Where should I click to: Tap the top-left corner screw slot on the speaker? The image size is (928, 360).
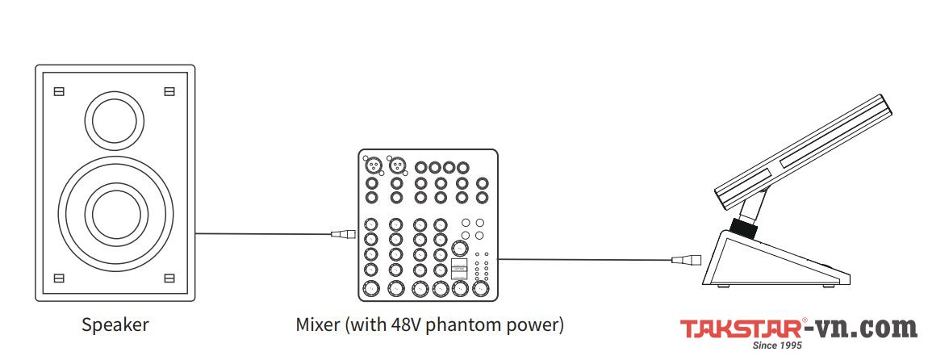(x=58, y=91)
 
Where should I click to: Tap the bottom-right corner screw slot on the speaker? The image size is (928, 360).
(x=169, y=278)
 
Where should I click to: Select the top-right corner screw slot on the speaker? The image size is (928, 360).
(x=169, y=91)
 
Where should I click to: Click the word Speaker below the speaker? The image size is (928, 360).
(x=115, y=325)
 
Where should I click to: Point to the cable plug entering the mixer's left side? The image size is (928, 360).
(x=342, y=236)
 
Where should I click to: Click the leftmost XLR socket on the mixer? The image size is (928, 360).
(x=374, y=166)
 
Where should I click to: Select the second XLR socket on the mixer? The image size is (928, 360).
(x=396, y=166)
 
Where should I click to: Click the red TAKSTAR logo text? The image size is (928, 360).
(x=740, y=329)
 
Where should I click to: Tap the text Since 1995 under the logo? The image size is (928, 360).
(x=775, y=345)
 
